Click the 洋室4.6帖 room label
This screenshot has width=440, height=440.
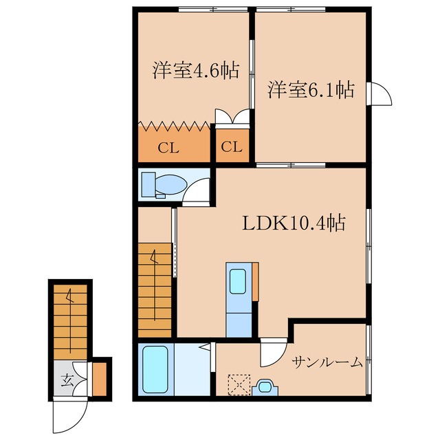pos(186,71)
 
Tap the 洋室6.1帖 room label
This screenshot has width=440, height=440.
pos(311,90)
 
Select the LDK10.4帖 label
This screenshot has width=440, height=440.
pos(293,223)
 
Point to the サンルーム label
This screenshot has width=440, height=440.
pos(326,362)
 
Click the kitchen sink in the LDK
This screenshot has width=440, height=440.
pos(238,281)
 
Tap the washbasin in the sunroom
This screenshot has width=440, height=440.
pos(263,388)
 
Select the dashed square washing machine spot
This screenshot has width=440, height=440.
pos(238,384)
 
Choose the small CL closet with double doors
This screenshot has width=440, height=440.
pos(232,146)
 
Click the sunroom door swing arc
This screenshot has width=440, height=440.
pos(271,355)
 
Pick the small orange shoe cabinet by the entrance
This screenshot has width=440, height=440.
pos(101,379)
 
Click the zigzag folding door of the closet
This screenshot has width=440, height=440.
pos(174,126)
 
